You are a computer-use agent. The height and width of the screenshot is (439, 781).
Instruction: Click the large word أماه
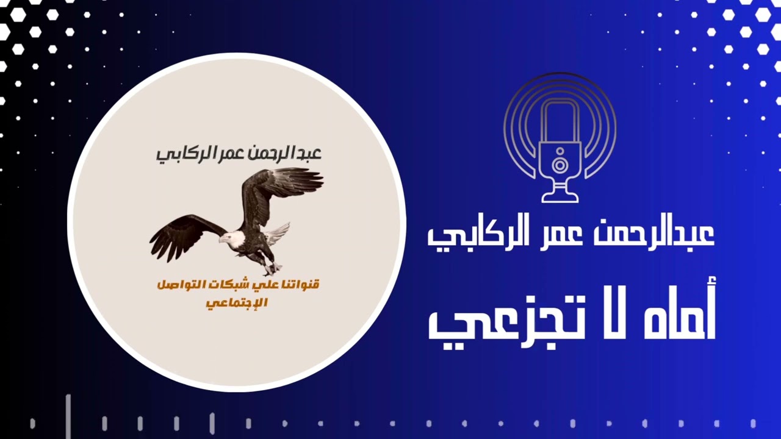[x=678, y=311]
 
